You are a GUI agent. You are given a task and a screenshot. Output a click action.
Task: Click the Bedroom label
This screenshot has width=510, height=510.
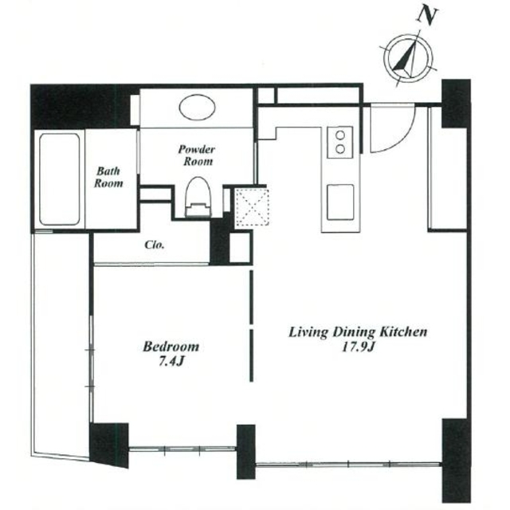(x=171, y=347)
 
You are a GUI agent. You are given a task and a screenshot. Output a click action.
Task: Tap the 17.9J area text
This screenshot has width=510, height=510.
(x=358, y=347)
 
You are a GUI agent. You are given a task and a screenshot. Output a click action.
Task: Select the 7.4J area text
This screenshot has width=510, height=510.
(x=172, y=361)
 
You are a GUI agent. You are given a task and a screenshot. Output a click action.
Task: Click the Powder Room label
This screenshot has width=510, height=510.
(x=197, y=155)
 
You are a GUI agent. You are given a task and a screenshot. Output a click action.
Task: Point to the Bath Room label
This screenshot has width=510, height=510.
(x=108, y=177)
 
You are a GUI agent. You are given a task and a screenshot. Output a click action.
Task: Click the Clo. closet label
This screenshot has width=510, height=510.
(x=155, y=245)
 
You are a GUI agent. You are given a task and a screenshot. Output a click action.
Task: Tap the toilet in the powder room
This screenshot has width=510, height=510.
(x=198, y=198)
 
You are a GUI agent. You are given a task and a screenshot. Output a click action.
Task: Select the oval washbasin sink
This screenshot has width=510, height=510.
(x=197, y=108)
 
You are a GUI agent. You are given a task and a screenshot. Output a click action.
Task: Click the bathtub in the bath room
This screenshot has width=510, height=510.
(x=60, y=179)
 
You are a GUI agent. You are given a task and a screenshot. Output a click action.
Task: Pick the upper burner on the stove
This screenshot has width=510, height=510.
(x=340, y=135)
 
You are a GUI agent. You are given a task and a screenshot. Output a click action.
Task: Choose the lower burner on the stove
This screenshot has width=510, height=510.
(x=340, y=149)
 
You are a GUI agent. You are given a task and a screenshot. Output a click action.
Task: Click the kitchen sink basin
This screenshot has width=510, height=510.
(x=340, y=202)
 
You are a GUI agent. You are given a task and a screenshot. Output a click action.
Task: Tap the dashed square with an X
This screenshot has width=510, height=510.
(x=252, y=207)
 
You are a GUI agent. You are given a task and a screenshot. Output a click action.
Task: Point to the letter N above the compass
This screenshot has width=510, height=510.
(x=427, y=16)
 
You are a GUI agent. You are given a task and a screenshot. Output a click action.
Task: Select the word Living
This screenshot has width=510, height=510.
(x=309, y=333)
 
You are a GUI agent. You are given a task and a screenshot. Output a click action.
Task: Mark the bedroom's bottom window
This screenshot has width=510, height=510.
(x=182, y=449)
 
